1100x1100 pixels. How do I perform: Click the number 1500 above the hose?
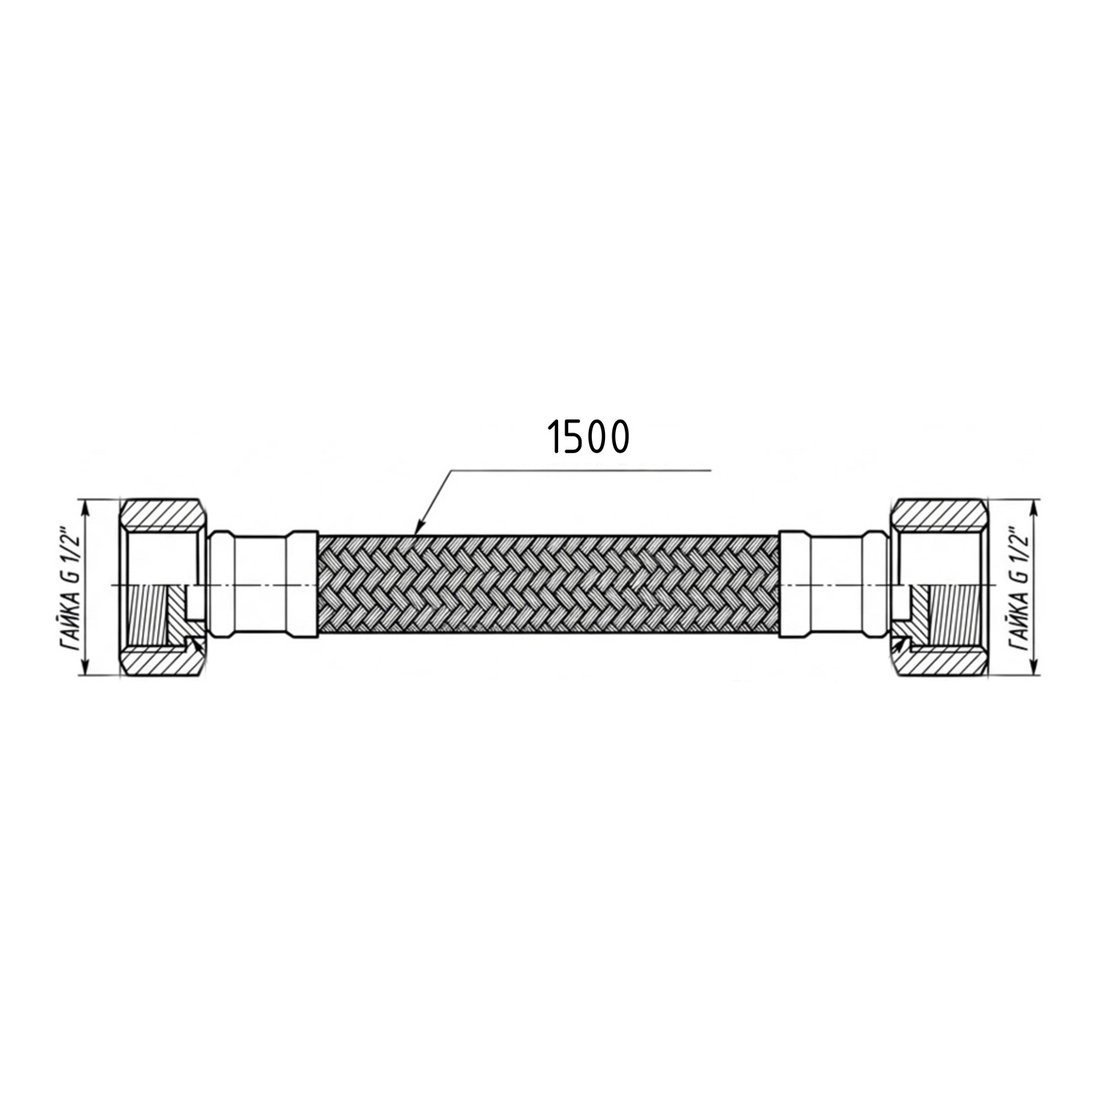pos(587,438)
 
